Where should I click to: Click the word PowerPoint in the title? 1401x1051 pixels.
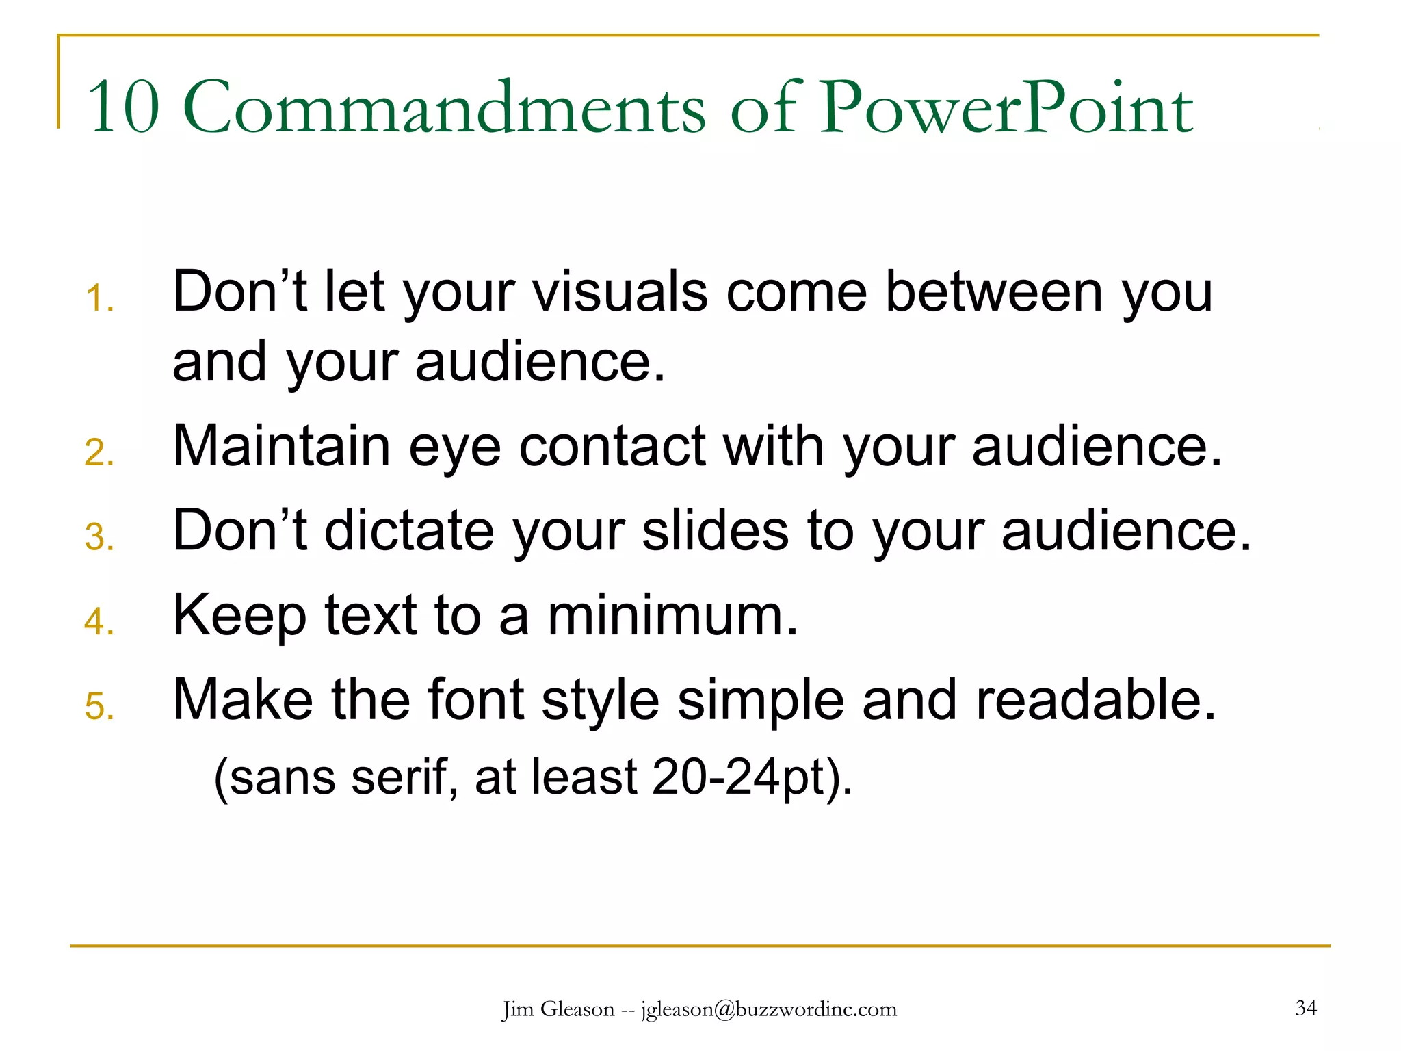tap(1007, 108)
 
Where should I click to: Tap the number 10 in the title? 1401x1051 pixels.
tap(123, 108)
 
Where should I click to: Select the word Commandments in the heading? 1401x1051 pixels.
tap(444, 108)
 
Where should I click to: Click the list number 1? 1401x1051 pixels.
tap(99, 300)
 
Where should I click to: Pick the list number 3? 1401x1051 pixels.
tap(99, 538)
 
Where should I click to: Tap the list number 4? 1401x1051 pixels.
tap(99, 622)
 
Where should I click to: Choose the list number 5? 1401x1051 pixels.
tap(99, 707)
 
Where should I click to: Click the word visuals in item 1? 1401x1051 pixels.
tap(620, 292)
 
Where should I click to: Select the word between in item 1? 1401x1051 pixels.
tap(994, 292)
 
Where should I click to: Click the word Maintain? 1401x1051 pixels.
tap(281, 446)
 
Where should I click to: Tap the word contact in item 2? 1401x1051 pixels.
tap(612, 446)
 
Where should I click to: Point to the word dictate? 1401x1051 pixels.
tap(409, 531)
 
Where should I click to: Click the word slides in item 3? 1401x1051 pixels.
tap(715, 531)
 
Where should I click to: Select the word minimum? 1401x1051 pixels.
tap(672, 615)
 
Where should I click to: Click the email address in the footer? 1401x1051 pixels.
tap(769, 1009)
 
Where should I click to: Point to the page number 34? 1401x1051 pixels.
tap(1306, 1008)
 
